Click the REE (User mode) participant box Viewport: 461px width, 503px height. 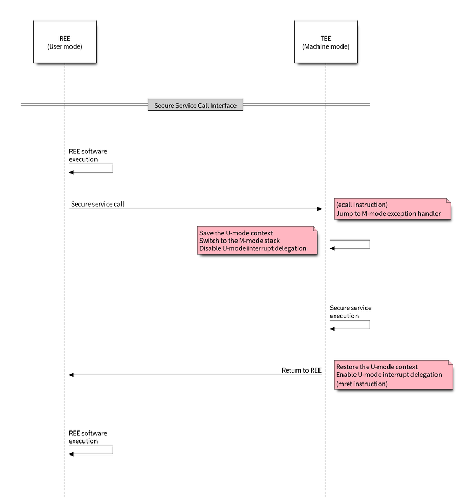tap(64, 42)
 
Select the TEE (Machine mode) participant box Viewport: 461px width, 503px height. tap(326, 42)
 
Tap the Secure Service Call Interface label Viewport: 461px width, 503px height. tap(195, 105)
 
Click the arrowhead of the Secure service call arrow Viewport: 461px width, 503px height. tap(320, 209)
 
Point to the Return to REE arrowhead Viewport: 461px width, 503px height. tap(72, 374)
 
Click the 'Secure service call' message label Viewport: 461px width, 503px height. tap(98, 203)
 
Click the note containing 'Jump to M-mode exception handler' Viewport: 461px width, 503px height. tap(392, 209)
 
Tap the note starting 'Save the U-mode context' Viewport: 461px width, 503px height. tap(257, 241)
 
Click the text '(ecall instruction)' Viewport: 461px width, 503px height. tap(362, 205)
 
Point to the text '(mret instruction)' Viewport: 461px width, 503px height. tap(362, 384)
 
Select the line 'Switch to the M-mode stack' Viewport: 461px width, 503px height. tap(240, 241)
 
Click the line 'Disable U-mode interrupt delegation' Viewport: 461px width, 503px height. tap(253, 249)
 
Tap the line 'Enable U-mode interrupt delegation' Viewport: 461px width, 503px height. tap(389, 375)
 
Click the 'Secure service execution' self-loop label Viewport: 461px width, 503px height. tap(350, 312)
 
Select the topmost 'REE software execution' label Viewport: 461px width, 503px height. tap(88, 155)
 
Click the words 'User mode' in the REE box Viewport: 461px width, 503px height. tap(65, 47)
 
